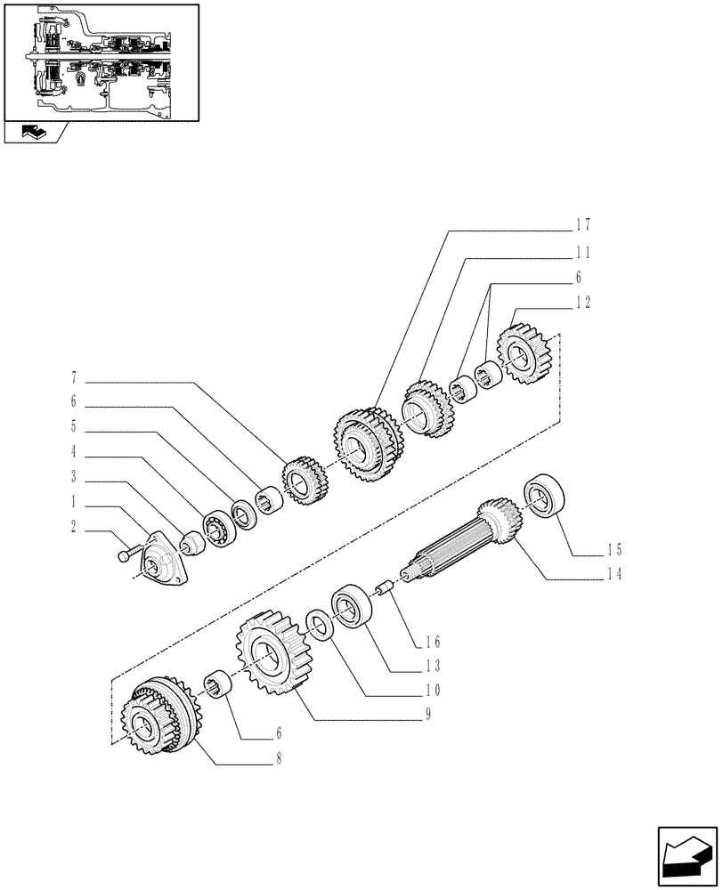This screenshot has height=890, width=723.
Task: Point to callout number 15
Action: click(x=615, y=548)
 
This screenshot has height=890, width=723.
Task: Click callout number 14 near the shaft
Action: click(x=615, y=573)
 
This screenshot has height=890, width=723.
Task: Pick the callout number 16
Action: click(x=434, y=641)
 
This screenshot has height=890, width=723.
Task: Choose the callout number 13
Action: click(x=434, y=665)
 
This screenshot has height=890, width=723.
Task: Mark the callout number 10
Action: click(x=434, y=689)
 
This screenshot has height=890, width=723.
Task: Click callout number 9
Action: click(x=429, y=713)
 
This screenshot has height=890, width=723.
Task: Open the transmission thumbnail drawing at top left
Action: click(x=100, y=61)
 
